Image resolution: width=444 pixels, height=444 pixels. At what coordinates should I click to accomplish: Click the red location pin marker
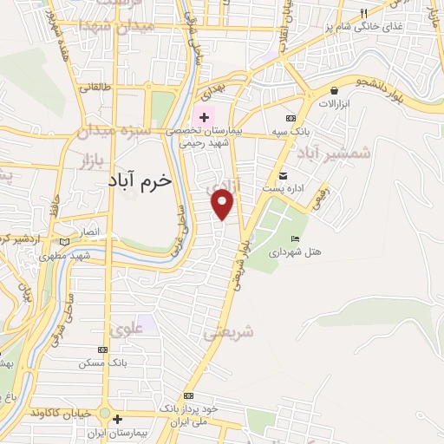(223, 205)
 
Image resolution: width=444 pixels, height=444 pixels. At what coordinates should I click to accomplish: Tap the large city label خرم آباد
(142, 180)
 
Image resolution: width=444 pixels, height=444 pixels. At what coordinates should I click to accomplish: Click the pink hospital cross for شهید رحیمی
(205, 117)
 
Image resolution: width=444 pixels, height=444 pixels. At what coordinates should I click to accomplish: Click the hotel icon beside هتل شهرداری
(295, 239)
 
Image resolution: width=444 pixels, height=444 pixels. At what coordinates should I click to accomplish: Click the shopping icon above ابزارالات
(335, 90)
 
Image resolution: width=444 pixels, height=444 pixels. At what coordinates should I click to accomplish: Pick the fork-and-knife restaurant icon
(364, 13)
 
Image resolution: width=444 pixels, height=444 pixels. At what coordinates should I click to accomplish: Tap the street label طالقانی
(95, 87)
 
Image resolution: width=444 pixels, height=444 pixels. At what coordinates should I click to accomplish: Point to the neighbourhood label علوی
(127, 329)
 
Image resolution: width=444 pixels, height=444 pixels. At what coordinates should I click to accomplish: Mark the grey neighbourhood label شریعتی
(228, 332)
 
